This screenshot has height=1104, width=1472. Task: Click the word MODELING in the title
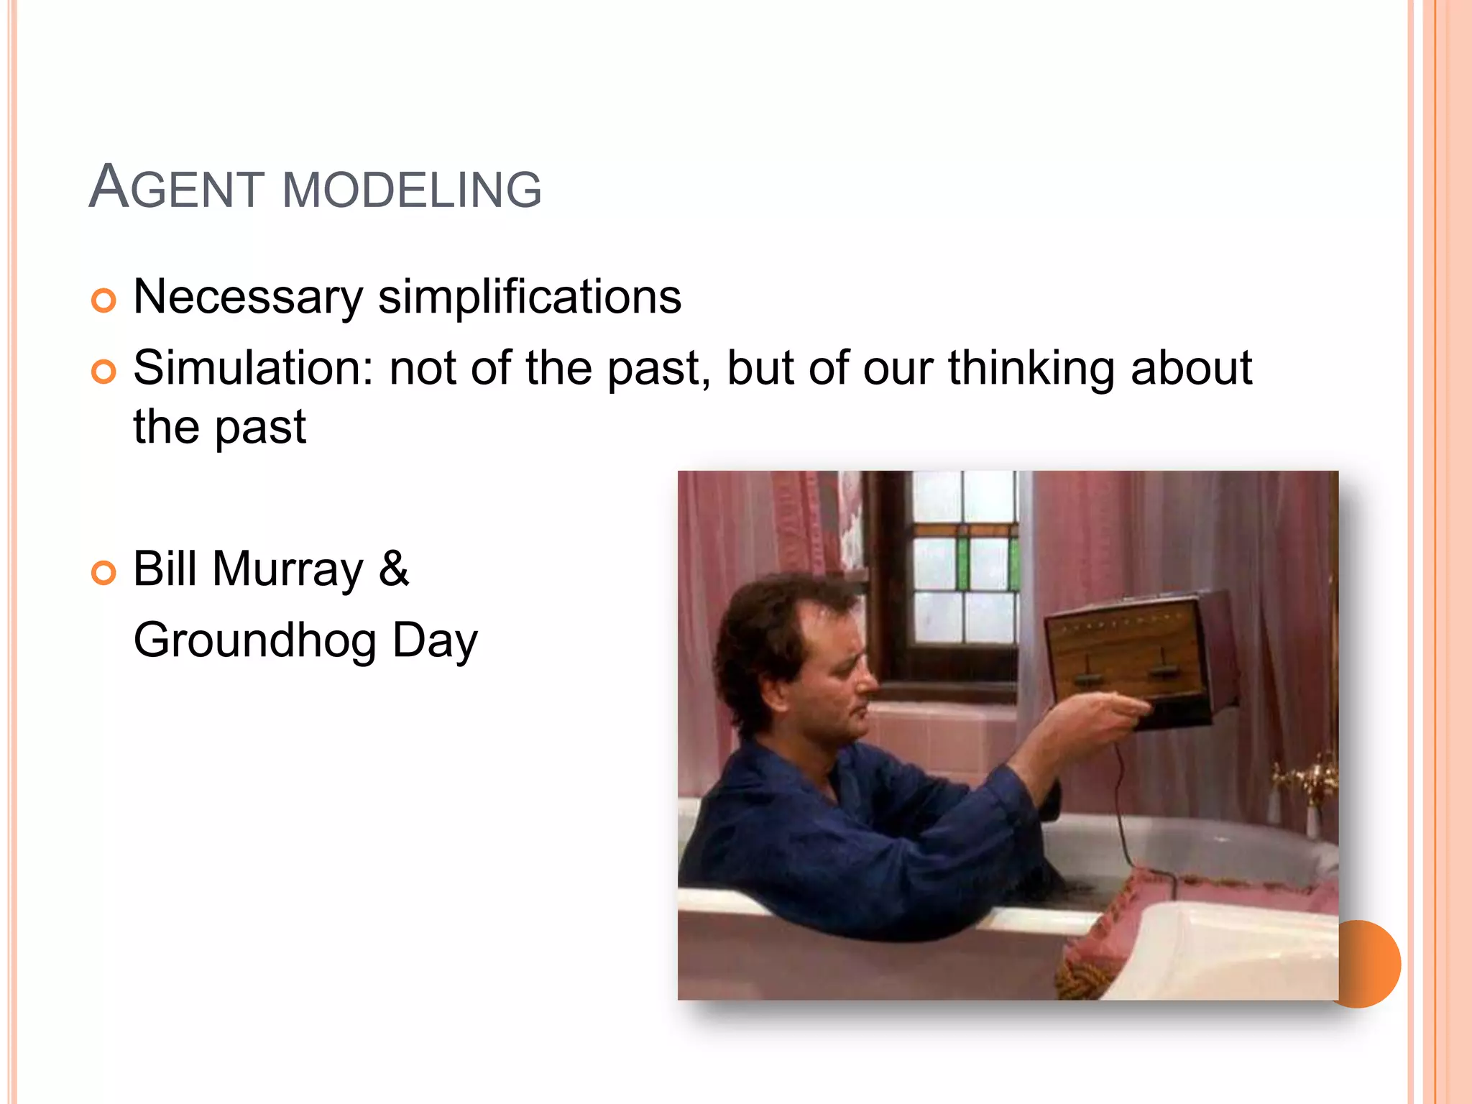[x=412, y=190]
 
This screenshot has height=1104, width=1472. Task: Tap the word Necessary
[x=248, y=297]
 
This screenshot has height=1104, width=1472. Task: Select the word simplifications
[x=530, y=297]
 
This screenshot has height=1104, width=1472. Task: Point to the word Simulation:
[x=254, y=368]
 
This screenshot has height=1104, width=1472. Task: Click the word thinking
[x=1030, y=368]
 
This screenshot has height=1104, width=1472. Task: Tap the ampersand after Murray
[x=394, y=569]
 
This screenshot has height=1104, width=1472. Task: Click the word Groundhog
[x=255, y=640]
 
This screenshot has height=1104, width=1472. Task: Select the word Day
[x=435, y=640]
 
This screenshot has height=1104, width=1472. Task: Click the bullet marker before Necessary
[x=103, y=300]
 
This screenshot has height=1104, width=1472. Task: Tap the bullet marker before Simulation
[x=103, y=372]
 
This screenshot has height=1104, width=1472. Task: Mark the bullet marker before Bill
[x=103, y=573]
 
